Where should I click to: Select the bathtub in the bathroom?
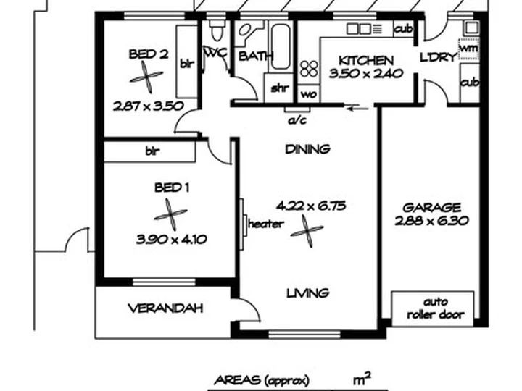click(281, 46)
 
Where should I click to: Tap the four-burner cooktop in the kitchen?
click(309, 69)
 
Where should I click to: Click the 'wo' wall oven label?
click(309, 94)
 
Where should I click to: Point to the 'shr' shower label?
click(280, 88)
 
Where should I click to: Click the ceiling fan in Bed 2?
click(146, 77)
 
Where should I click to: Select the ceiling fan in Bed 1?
click(171, 215)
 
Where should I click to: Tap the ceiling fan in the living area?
click(307, 232)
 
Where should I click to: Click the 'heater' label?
click(266, 224)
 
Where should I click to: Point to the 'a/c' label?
click(297, 120)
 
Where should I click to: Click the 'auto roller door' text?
click(436, 308)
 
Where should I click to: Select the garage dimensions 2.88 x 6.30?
click(432, 221)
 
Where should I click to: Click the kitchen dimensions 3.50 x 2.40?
click(366, 73)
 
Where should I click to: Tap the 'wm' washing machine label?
click(469, 49)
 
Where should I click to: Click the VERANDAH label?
click(165, 308)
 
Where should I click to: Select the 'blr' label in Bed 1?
click(152, 151)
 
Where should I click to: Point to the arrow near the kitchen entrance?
click(357, 108)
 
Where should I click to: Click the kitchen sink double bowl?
click(359, 29)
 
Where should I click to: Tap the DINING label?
click(307, 149)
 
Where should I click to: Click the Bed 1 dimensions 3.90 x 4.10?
click(171, 240)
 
